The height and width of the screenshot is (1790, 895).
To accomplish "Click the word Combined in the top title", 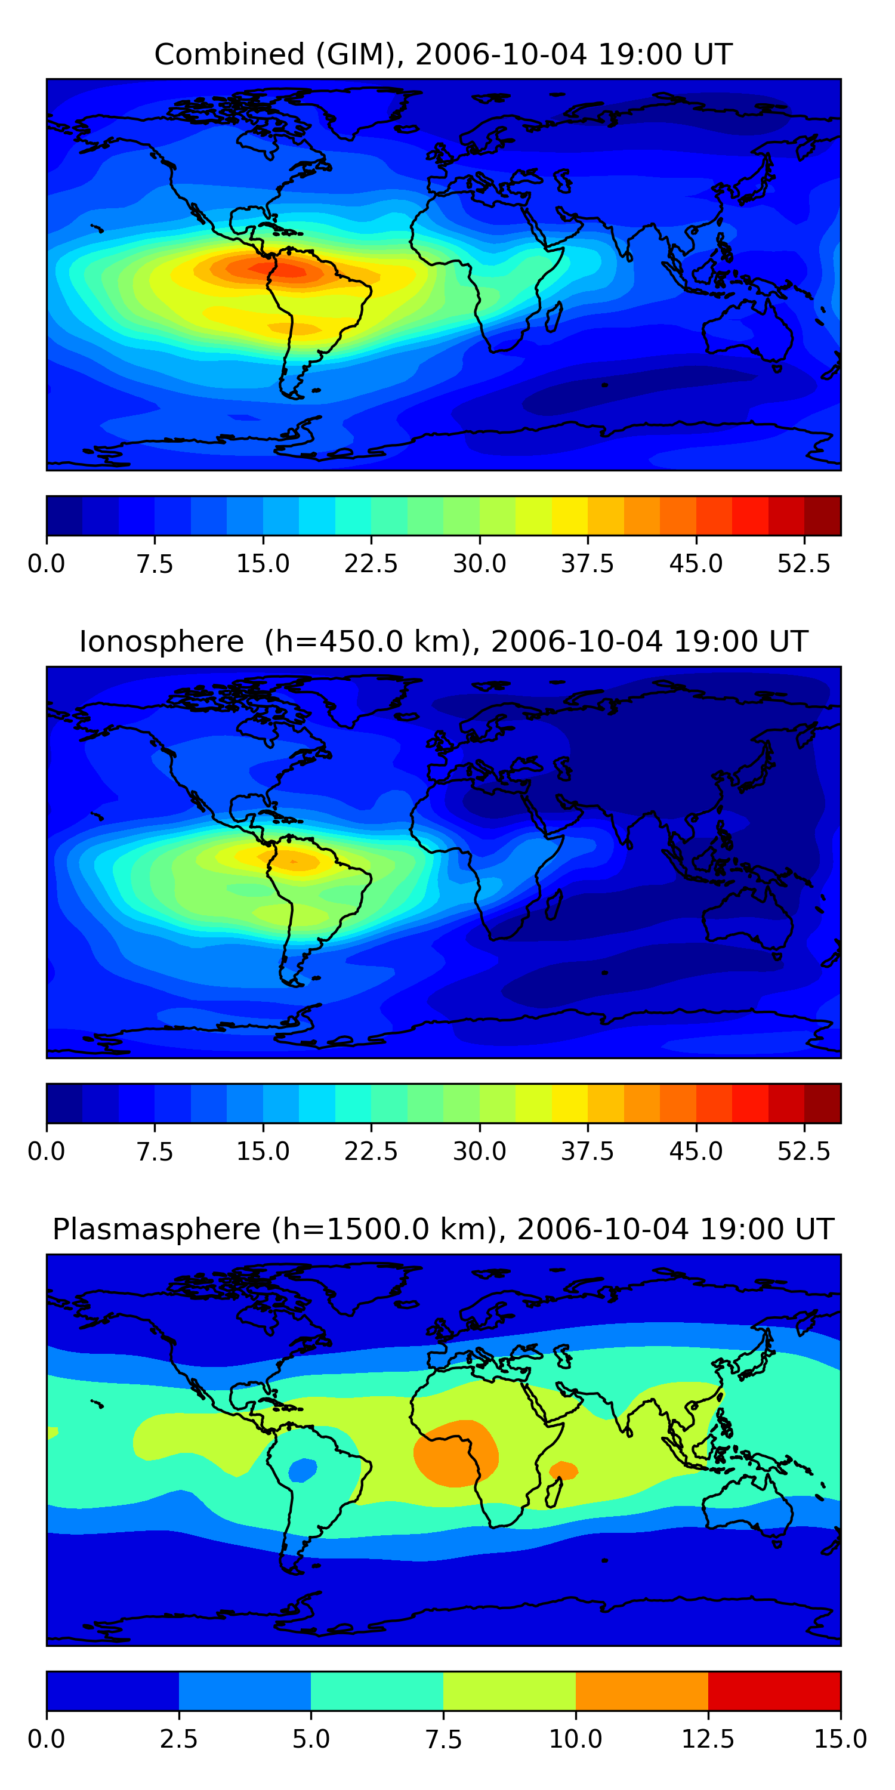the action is click(x=229, y=54).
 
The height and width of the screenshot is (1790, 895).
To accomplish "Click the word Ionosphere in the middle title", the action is click(x=162, y=641).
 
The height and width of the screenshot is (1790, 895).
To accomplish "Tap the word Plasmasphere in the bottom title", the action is click(x=156, y=1230).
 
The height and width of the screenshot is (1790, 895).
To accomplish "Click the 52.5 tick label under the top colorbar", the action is click(x=804, y=563).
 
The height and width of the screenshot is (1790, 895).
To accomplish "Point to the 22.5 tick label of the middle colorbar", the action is click(x=371, y=1152).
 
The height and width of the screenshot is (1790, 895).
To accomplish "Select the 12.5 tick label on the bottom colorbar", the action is click(x=708, y=1739).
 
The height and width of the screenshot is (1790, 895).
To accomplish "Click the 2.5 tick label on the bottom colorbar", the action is click(x=178, y=1739).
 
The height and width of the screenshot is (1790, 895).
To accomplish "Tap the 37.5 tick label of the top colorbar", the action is click(x=588, y=563).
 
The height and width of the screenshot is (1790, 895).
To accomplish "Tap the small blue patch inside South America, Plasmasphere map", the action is click(x=303, y=1470).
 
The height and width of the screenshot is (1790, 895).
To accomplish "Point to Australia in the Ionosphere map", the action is click(x=748, y=916).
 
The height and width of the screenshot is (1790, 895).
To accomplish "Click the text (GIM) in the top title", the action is click(x=360, y=54).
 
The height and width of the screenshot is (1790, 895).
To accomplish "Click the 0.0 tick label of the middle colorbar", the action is click(x=47, y=1152).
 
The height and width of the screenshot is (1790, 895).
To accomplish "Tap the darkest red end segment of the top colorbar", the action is click(x=823, y=516).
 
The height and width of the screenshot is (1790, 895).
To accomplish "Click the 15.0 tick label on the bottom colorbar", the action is click(x=841, y=1739).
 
